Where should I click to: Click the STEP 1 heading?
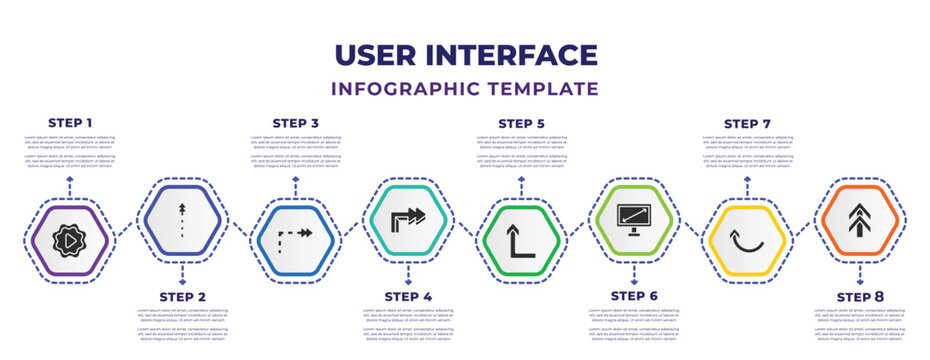70,123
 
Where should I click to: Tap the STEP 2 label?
183,297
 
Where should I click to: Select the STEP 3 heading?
296,123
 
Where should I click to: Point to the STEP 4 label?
409,297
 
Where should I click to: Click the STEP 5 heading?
522,123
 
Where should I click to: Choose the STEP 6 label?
634,297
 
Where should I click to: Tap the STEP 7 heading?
748,123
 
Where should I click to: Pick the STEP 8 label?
860,297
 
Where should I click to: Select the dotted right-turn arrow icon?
296,237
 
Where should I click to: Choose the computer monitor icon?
634,217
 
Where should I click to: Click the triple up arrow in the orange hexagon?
860,217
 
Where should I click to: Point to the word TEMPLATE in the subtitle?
552,89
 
